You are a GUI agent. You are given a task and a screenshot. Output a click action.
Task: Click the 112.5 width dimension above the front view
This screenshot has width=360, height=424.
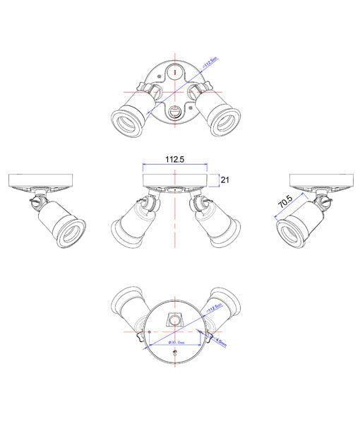tap(174, 160)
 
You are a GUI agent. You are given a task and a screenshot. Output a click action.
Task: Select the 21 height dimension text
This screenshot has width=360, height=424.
tap(226, 180)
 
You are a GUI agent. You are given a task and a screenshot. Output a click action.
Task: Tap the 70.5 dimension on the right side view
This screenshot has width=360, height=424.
tap(284, 203)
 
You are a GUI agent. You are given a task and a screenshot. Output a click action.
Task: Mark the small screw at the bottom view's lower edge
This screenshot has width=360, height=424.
tap(174, 361)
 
